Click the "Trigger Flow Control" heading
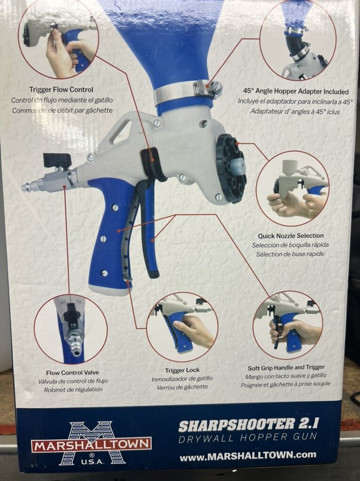[61, 90]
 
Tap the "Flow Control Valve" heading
[73, 373]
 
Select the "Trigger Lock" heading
[182, 370]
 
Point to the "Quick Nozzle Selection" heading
[290, 236]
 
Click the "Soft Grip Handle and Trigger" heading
[286, 367]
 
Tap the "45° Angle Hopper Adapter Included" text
[295, 91]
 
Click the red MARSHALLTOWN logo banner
[91, 445]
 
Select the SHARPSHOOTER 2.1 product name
[248, 425]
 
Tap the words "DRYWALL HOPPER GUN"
[247, 438]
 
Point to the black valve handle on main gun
[57, 160]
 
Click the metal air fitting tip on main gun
[28, 187]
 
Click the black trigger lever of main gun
[149, 227]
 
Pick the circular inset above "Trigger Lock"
[182, 327]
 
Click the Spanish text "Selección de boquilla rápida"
[290, 245]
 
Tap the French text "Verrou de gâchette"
[182, 387]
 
